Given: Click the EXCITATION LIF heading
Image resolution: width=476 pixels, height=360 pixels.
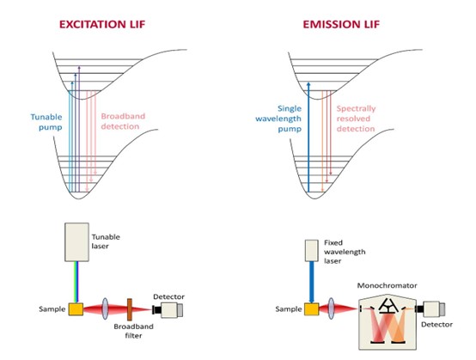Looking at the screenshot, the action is pyautogui.click(x=102, y=24).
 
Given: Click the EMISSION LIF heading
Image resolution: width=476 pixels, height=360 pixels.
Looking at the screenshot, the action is pyautogui.click(x=341, y=24).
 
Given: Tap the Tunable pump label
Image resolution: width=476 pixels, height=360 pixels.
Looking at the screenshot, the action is pyautogui.click(x=46, y=122).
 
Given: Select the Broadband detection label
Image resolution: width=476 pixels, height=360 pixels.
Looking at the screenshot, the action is pyautogui.click(x=123, y=121).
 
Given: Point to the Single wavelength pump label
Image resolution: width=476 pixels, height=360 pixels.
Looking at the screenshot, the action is pyautogui.click(x=278, y=119).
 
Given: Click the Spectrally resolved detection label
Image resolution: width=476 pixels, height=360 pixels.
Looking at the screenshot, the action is pyautogui.click(x=356, y=119).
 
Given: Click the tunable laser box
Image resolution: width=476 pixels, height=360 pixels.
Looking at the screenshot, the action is pyautogui.click(x=76, y=242).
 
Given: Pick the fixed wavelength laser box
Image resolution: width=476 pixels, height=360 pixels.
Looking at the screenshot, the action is pyautogui.click(x=312, y=251).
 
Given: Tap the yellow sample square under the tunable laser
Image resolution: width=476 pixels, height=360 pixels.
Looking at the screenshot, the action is pyautogui.click(x=76, y=309).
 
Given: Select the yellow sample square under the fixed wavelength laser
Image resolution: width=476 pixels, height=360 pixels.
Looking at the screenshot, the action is pyautogui.click(x=312, y=309).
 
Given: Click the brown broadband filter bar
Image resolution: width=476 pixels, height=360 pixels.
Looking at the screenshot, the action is pyautogui.click(x=130, y=309).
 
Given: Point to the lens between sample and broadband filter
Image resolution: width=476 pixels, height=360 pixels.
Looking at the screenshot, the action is pyautogui.click(x=105, y=308).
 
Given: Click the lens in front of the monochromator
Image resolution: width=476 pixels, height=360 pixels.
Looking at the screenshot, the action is pyautogui.click(x=331, y=308).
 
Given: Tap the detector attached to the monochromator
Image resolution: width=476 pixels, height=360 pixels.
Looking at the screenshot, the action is pyautogui.click(x=430, y=309).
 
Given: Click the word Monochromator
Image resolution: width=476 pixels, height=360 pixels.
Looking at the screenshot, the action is pyautogui.click(x=387, y=285).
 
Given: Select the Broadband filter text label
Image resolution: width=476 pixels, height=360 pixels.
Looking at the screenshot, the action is pyautogui.click(x=133, y=331).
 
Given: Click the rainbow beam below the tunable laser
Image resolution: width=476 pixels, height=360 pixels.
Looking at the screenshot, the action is pyautogui.click(x=76, y=282).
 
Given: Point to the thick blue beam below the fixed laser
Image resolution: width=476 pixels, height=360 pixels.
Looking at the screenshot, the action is pyautogui.click(x=312, y=283).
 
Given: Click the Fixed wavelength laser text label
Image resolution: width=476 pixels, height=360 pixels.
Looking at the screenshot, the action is pyautogui.click(x=345, y=252).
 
